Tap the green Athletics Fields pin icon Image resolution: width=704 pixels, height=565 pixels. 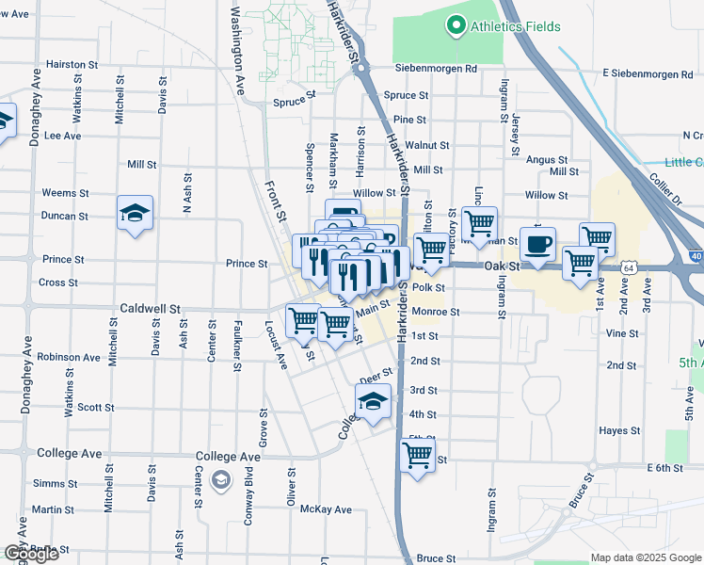(457, 25)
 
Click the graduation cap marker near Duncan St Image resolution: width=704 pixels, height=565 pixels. (135, 214)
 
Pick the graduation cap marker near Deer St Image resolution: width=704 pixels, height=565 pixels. (374, 402)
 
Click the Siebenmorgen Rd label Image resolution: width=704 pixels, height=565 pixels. (436, 69)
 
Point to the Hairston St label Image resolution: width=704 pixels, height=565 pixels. (72, 65)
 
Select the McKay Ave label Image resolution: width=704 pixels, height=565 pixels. (326, 509)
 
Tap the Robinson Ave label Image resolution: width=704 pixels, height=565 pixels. (69, 358)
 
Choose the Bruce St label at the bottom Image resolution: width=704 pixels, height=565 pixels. (436, 558)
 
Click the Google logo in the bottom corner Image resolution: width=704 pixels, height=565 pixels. (30, 554)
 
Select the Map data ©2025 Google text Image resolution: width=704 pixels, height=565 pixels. (646, 557)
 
